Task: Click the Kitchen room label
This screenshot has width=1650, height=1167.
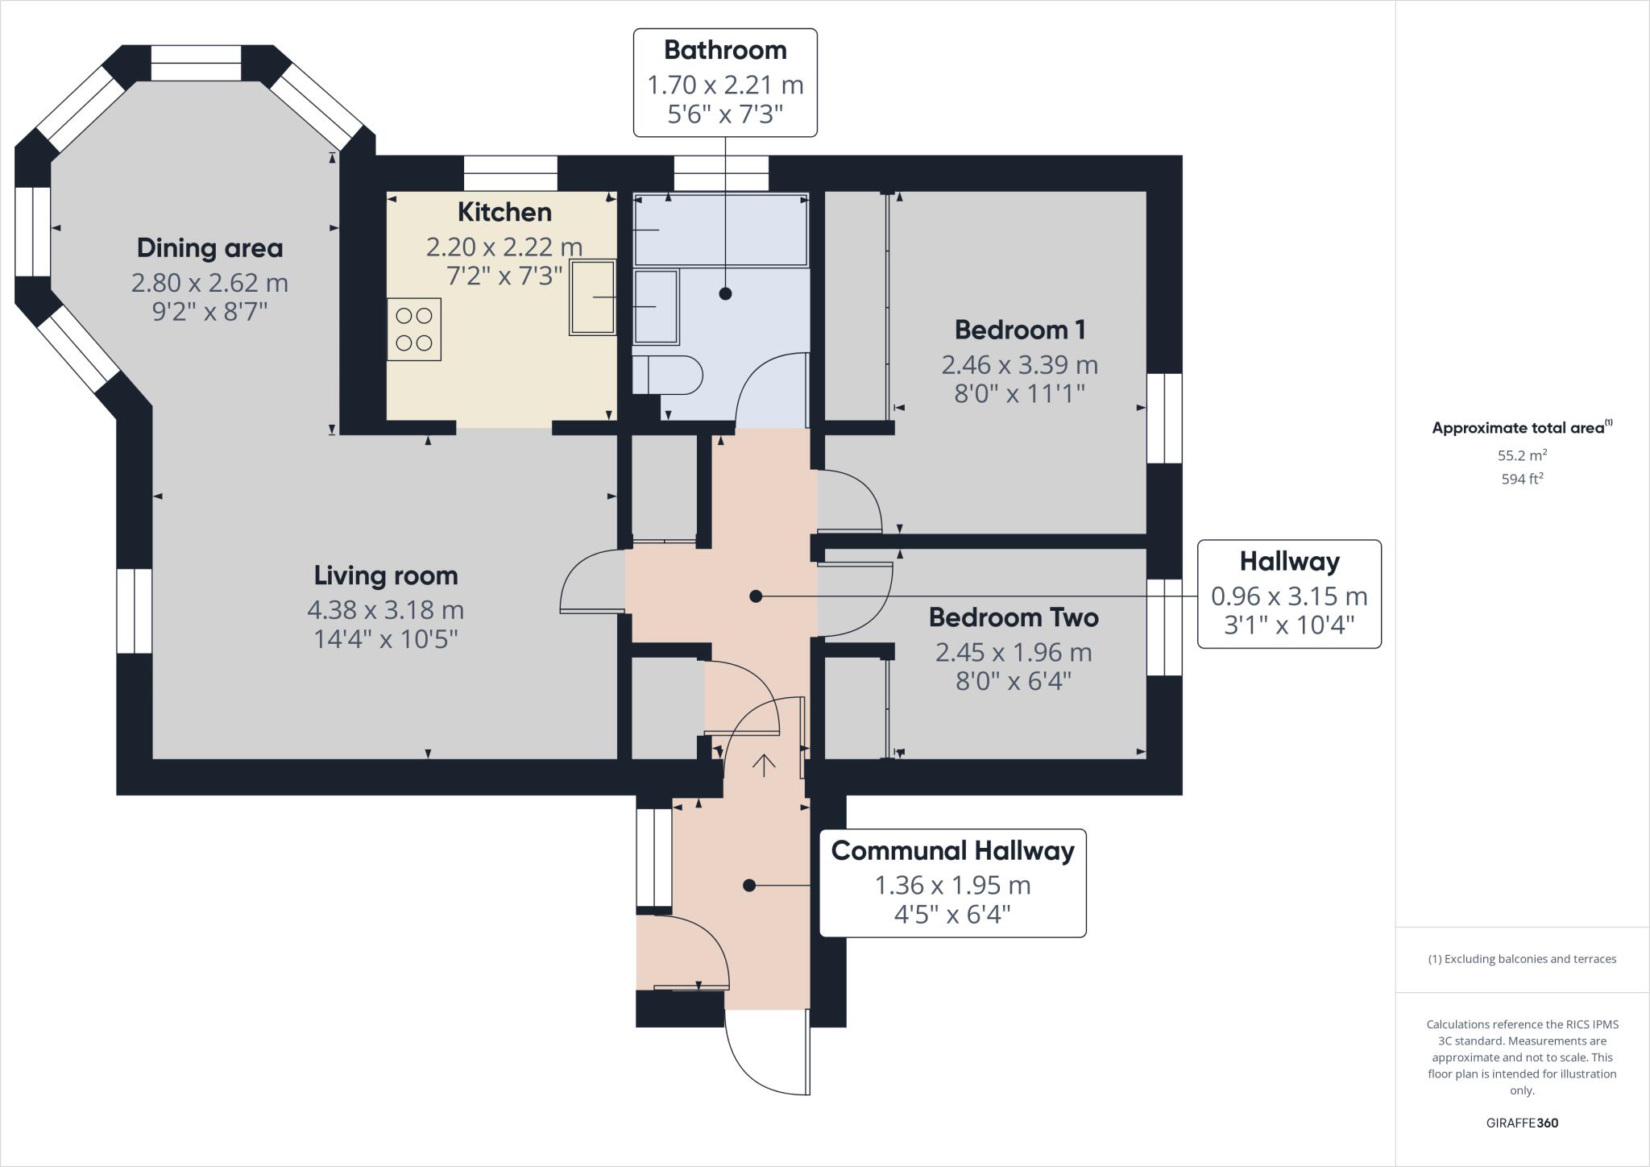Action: pyautogui.click(x=504, y=212)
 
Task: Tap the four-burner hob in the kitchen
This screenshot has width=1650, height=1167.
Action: pyautogui.click(x=414, y=329)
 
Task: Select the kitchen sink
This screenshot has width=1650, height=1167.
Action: pyautogui.click(x=593, y=297)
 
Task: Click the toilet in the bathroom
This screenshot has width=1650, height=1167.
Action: pyautogui.click(x=669, y=375)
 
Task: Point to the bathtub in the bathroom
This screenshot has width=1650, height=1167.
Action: pyautogui.click(x=720, y=230)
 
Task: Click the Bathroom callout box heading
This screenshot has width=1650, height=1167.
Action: pyautogui.click(x=725, y=50)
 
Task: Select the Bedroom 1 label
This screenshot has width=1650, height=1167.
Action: pyautogui.click(x=1020, y=330)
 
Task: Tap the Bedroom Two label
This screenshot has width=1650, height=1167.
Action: pyautogui.click(x=1014, y=617)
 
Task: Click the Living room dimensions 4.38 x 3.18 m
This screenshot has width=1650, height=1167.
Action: pyautogui.click(x=385, y=609)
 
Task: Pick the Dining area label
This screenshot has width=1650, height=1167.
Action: pyautogui.click(x=209, y=248)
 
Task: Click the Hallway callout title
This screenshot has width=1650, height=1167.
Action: pyautogui.click(x=1289, y=562)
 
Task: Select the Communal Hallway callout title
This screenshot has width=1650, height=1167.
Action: pyautogui.click(x=952, y=851)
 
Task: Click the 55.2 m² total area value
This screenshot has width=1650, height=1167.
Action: pyautogui.click(x=1522, y=455)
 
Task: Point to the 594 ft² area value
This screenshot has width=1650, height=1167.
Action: pyautogui.click(x=1522, y=479)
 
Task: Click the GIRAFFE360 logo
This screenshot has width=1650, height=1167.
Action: pyautogui.click(x=1522, y=1123)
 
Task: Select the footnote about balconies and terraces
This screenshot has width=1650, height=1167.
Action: pyautogui.click(x=1522, y=959)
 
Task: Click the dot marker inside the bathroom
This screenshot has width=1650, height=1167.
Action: pyautogui.click(x=725, y=294)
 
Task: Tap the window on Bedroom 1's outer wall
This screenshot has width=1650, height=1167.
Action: pyautogui.click(x=1164, y=418)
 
